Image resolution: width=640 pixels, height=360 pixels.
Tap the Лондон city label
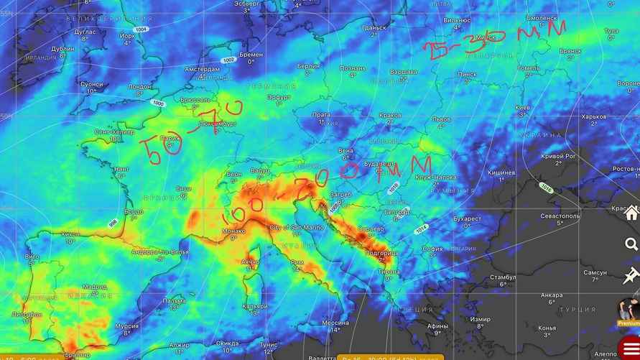pos(139,87)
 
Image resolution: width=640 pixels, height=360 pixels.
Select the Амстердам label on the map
pos(201,70)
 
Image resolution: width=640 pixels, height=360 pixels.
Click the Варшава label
pos(403,72)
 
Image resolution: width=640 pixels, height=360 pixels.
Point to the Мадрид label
pos(94,287)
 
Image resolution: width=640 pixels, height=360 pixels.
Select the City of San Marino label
pos(295,227)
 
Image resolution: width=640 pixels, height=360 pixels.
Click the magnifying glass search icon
pos(631,244)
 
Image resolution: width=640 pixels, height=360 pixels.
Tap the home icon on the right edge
pos(631,213)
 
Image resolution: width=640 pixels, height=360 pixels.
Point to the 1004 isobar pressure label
pos(140,29)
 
